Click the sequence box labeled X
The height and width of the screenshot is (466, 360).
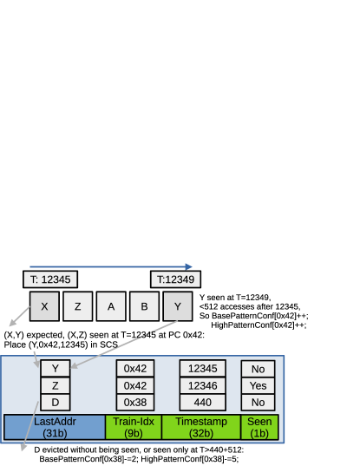point(44,306)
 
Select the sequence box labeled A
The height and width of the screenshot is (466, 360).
point(110,306)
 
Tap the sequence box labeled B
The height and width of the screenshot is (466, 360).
point(144,306)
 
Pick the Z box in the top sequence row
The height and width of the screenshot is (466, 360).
point(77,306)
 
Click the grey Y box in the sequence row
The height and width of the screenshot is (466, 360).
point(178,306)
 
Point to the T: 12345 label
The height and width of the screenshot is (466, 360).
point(50,279)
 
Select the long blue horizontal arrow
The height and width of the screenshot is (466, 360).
point(110,267)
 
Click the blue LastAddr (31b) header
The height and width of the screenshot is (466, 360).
point(55,426)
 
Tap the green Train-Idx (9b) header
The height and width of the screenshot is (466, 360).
point(133,426)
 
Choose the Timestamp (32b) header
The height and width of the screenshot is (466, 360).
point(200,426)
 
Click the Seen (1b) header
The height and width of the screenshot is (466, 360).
point(259,426)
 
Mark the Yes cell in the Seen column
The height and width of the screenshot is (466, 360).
point(258,385)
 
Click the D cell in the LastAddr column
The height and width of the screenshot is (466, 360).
point(55,403)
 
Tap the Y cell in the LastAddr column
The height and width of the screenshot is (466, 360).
point(55,368)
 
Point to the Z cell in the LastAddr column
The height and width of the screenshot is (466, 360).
point(55,385)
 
